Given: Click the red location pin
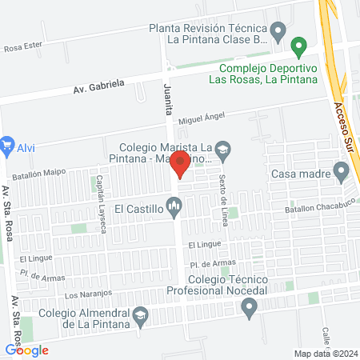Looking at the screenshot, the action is tap(181, 164).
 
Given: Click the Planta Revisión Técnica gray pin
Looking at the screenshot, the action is tap(278, 33).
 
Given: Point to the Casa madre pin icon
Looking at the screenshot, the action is tap(342, 172).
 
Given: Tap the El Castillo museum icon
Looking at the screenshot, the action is tap(175, 210).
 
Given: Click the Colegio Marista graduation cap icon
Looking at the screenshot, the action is tap(224, 148).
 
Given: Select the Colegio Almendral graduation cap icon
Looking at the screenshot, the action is tap(141, 314).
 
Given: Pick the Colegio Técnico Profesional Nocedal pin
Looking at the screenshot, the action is tap(250, 306).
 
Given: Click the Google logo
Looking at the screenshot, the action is tap(26, 349).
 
